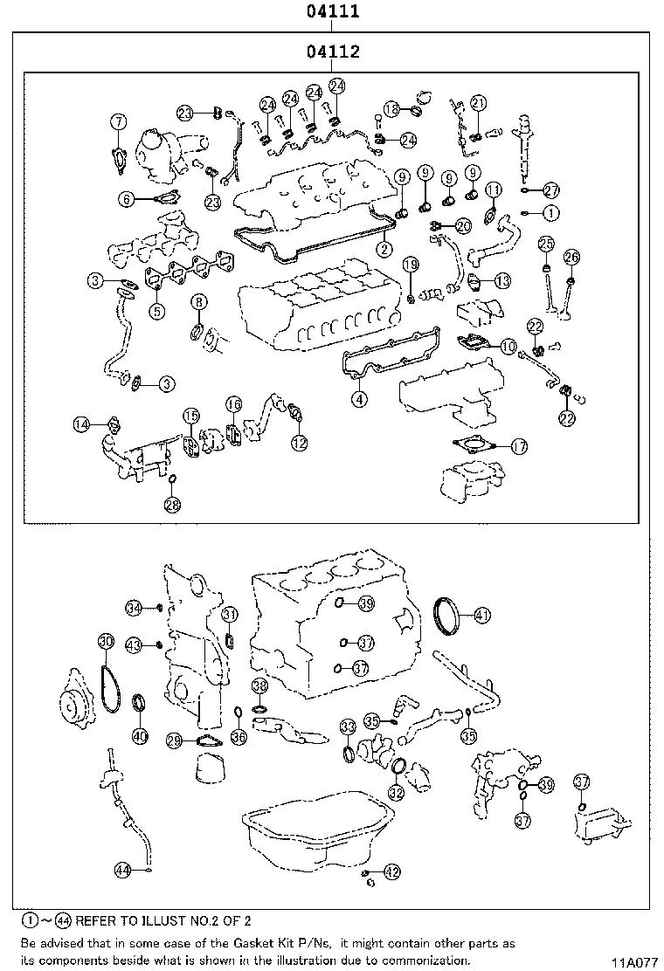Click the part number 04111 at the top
point(332,12)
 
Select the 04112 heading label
point(332,52)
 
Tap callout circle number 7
point(118,122)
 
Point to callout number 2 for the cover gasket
point(382,249)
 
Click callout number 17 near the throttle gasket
point(518,446)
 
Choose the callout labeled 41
point(482,615)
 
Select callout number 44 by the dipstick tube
point(123,869)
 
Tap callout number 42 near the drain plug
point(391,871)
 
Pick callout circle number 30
point(105,642)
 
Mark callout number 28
point(172,504)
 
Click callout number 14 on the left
point(81,424)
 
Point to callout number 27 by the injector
point(550,190)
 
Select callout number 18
point(392,109)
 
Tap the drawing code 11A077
point(633,962)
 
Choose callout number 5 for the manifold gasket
point(156,310)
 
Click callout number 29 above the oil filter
point(174,740)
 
